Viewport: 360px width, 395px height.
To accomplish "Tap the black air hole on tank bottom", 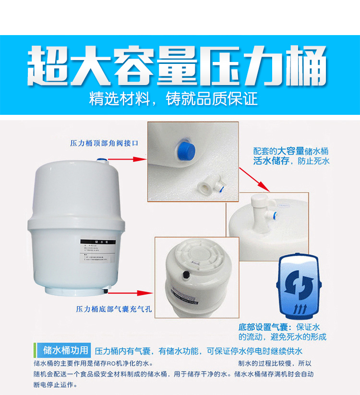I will pos(185,274).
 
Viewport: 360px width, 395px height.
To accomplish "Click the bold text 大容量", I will pos(290,150).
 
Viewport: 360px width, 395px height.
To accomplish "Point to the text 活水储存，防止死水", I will pos(291,161).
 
